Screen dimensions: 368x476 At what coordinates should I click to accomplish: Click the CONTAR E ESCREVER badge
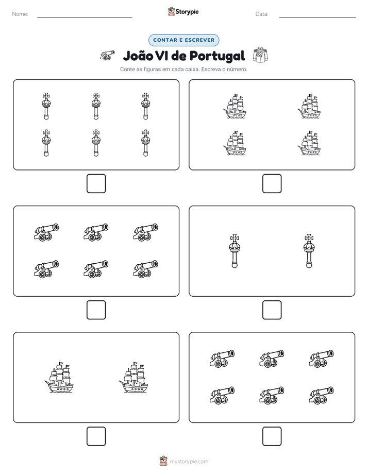click(x=183, y=40)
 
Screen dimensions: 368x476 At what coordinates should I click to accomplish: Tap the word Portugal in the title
click(x=218, y=57)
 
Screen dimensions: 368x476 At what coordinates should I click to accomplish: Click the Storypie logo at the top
click(x=183, y=12)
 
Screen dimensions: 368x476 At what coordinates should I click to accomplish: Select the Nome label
click(x=20, y=14)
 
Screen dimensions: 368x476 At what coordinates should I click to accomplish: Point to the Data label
click(x=262, y=14)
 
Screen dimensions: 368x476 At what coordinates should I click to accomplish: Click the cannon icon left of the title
click(x=108, y=55)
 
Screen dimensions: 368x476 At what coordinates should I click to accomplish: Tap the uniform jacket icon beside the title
click(x=260, y=55)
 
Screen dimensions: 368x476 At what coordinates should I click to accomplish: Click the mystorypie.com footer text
click(x=189, y=462)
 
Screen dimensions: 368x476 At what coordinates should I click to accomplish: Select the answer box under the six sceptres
click(x=96, y=184)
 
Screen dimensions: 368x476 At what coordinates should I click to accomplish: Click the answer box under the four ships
click(x=272, y=184)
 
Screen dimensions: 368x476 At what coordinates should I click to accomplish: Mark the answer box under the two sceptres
click(x=272, y=310)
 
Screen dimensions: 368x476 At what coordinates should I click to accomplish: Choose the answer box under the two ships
click(x=96, y=436)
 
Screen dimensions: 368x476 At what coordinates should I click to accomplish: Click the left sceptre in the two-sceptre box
click(x=235, y=251)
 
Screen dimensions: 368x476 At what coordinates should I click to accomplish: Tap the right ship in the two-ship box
click(x=133, y=377)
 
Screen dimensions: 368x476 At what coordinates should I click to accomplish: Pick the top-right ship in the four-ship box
click(x=309, y=106)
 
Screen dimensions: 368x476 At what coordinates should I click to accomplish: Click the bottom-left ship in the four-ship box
click(x=235, y=143)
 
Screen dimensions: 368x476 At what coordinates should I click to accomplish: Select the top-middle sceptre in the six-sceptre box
click(x=96, y=106)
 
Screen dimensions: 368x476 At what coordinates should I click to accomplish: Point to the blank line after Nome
click(x=85, y=18)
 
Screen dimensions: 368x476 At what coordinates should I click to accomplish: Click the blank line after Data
click(x=317, y=18)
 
